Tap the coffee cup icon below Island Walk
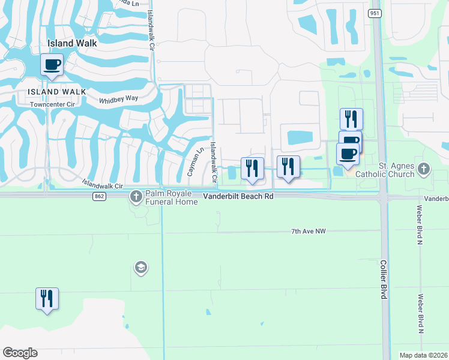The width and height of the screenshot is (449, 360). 52,64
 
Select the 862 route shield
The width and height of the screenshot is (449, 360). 100,196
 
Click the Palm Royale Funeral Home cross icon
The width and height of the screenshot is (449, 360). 136,196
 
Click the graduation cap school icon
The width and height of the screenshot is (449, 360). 140,267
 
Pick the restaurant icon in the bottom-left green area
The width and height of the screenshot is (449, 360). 47,298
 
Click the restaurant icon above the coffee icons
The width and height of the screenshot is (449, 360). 351,118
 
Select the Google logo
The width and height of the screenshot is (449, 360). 20,353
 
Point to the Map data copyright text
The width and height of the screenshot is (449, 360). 423,355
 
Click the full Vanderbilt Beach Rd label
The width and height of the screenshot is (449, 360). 238,196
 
